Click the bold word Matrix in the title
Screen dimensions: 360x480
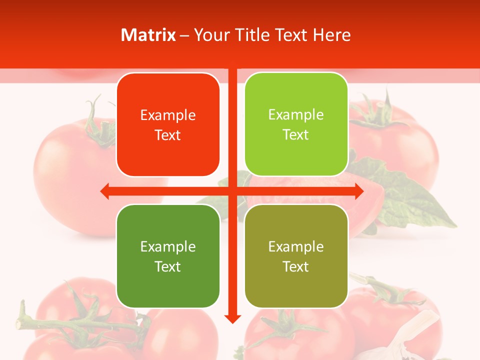click(148, 35)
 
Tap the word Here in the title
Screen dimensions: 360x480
click(331, 35)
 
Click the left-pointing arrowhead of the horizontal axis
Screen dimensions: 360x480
click(105, 191)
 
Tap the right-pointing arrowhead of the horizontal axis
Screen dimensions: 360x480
click(358, 191)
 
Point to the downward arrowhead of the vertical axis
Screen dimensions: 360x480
click(232, 318)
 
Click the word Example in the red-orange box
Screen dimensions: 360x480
click(168, 115)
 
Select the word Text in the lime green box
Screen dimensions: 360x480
click(296, 135)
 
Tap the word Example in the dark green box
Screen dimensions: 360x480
click(168, 246)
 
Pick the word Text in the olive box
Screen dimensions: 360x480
click(296, 267)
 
